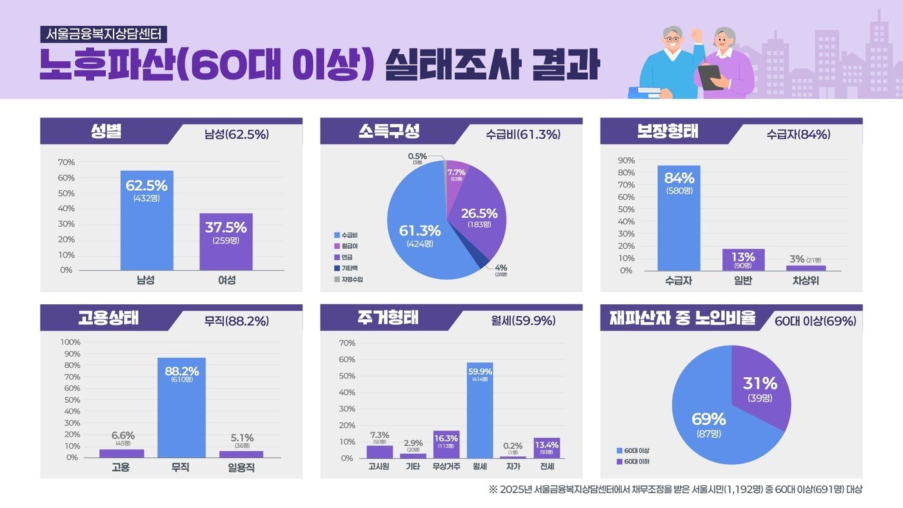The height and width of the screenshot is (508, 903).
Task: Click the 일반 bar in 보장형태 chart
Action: tap(743, 260)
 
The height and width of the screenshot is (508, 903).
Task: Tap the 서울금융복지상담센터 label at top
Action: tap(104, 34)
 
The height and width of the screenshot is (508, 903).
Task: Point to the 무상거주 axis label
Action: tap(446, 466)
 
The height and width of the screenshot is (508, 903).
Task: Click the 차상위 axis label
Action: tap(806, 282)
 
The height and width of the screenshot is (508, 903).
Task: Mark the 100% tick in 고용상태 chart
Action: tap(70, 342)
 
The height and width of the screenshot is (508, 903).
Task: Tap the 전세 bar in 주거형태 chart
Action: tap(546, 448)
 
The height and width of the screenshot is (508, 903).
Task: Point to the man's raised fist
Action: tap(695, 32)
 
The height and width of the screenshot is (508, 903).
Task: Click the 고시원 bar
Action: tap(380, 451)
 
